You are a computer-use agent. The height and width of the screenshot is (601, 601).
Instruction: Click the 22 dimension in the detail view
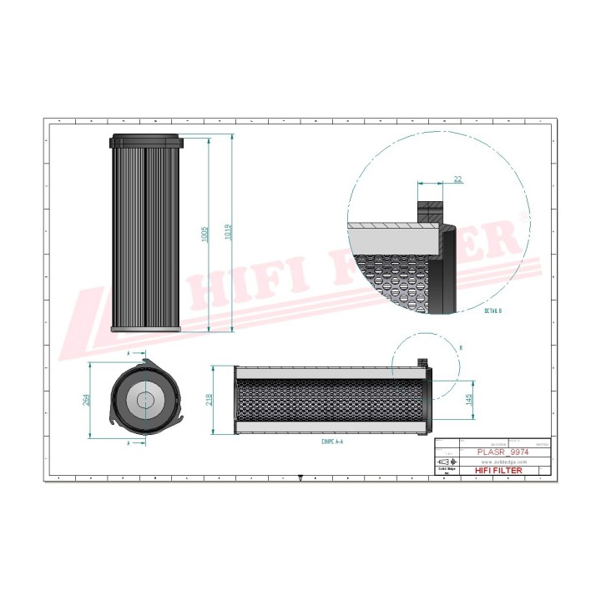(x=458, y=179)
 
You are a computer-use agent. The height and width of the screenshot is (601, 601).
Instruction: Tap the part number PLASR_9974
(x=503, y=452)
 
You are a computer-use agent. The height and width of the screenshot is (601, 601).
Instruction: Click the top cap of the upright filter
(x=144, y=140)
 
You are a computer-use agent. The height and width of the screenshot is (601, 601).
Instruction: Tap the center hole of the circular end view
(x=146, y=400)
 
